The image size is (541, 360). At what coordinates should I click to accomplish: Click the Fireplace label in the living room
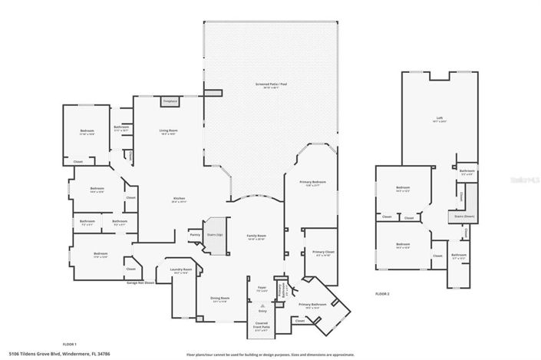pyautogui.click(x=170, y=101)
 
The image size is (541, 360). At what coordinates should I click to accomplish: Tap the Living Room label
pyautogui.click(x=168, y=130)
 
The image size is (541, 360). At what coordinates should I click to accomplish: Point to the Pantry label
pyautogui.click(x=195, y=235)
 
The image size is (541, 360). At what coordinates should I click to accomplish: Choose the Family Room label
pyautogui.click(x=256, y=236)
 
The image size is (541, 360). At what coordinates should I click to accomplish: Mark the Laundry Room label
pyautogui.click(x=181, y=269)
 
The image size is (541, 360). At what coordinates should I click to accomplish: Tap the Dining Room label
pyautogui.click(x=220, y=298)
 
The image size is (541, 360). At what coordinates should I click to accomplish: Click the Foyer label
pyautogui.click(x=262, y=288)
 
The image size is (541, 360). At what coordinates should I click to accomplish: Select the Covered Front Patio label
pyautogui.click(x=261, y=325)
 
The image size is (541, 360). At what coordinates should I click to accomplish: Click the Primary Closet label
pyautogui.click(x=322, y=251)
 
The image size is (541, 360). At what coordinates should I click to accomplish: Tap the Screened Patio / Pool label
pyautogui.click(x=272, y=84)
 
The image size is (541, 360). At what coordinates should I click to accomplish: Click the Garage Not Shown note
pyautogui.click(x=140, y=282)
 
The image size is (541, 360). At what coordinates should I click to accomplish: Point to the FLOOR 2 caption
pyautogui.click(x=382, y=294)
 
